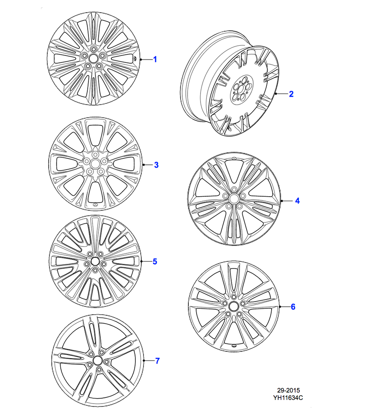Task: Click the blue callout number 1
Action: tap(155, 60)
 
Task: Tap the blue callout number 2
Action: tap(291, 94)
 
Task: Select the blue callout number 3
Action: tap(156, 165)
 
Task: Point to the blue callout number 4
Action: tap(297, 201)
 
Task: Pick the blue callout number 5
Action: tap(155, 262)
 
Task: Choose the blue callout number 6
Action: tap(293, 307)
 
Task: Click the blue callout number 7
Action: tap(157, 361)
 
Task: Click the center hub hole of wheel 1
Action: tap(93, 58)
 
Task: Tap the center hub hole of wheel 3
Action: tap(95, 164)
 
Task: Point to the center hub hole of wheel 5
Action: tap(95, 261)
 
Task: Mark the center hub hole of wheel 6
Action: tap(234, 306)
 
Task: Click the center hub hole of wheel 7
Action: tap(98, 360)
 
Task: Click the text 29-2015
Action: tap(288, 390)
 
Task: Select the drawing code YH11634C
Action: tap(288, 398)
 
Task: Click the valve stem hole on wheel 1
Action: tap(135, 58)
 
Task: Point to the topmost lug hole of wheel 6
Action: tap(234, 297)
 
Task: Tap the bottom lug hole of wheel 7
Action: tap(99, 370)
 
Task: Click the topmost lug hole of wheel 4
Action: tap(234, 189)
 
